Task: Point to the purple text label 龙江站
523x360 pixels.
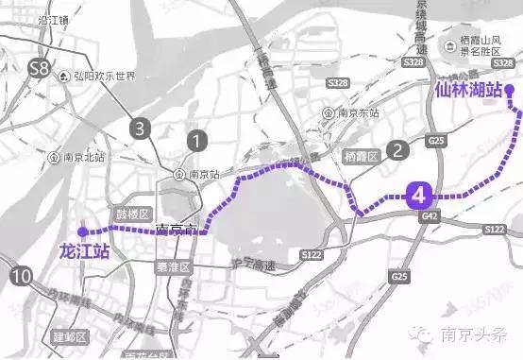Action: (84, 252)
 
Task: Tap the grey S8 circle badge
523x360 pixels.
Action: (39, 68)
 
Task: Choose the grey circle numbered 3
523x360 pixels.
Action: (141, 128)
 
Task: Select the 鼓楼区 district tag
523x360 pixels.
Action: (133, 214)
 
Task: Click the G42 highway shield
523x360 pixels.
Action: (431, 217)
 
